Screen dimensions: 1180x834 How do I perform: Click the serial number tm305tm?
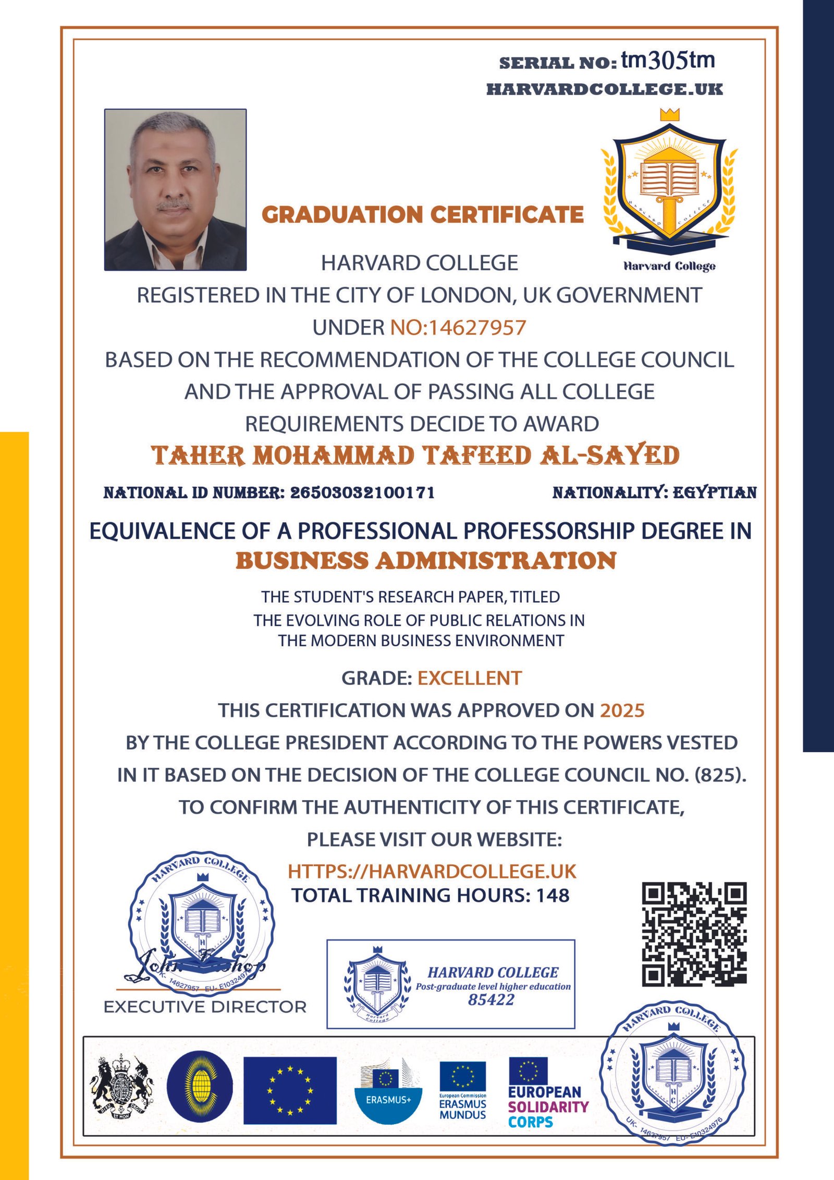click(668, 61)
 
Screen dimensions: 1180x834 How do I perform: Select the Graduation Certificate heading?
click(422, 214)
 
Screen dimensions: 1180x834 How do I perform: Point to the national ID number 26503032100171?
click(362, 492)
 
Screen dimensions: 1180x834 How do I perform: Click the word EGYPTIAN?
click(715, 492)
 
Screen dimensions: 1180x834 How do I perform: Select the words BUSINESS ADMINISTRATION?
click(426, 561)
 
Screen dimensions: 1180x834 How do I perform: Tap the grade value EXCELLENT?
click(469, 678)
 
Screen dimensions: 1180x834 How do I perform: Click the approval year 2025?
click(622, 711)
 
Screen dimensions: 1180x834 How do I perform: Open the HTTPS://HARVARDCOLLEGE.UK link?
click(432, 872)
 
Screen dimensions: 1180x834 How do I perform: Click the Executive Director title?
click(205, 1007)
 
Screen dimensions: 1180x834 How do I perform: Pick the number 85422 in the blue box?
click(491, 1000)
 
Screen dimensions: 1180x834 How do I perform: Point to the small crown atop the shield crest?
click(670, 114)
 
